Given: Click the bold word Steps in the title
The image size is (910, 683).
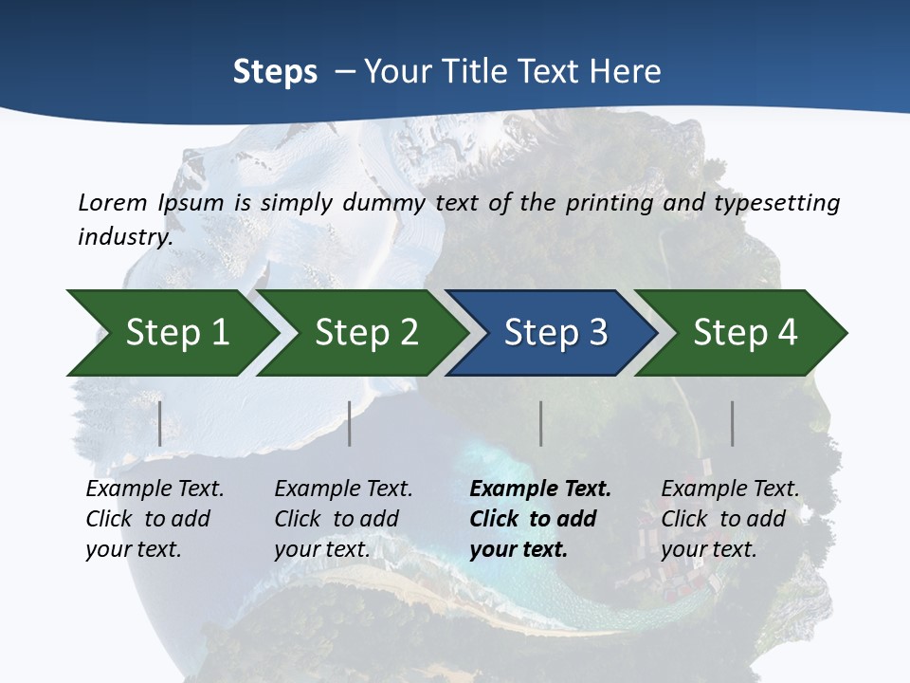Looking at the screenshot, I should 275,72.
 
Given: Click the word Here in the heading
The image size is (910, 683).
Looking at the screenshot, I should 627,72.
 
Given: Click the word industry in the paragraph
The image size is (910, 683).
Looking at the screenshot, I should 123,237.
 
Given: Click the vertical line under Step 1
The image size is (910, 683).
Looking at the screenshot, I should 160,423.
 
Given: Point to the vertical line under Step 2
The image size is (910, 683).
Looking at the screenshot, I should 350,423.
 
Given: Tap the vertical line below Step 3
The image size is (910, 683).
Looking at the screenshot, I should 540,423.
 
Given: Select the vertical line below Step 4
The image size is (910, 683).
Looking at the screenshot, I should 732,423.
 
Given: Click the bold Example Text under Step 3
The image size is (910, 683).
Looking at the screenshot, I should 540,489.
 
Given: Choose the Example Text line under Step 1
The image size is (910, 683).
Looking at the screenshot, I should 155,489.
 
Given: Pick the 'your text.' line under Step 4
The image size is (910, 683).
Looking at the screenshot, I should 708,549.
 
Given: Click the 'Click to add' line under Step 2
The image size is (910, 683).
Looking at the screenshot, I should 337,520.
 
